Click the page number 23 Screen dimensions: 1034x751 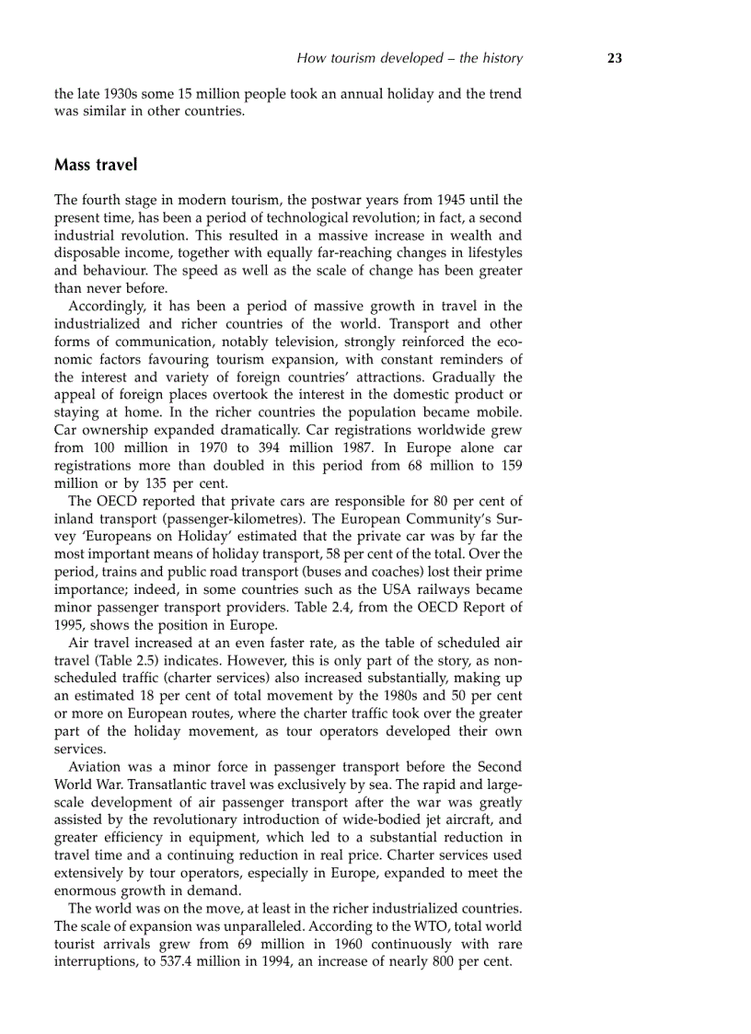coord(615,58)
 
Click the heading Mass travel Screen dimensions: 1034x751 coord(96,166)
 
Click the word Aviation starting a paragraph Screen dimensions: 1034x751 coord(96,767)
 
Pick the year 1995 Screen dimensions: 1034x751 coord(70,624)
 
